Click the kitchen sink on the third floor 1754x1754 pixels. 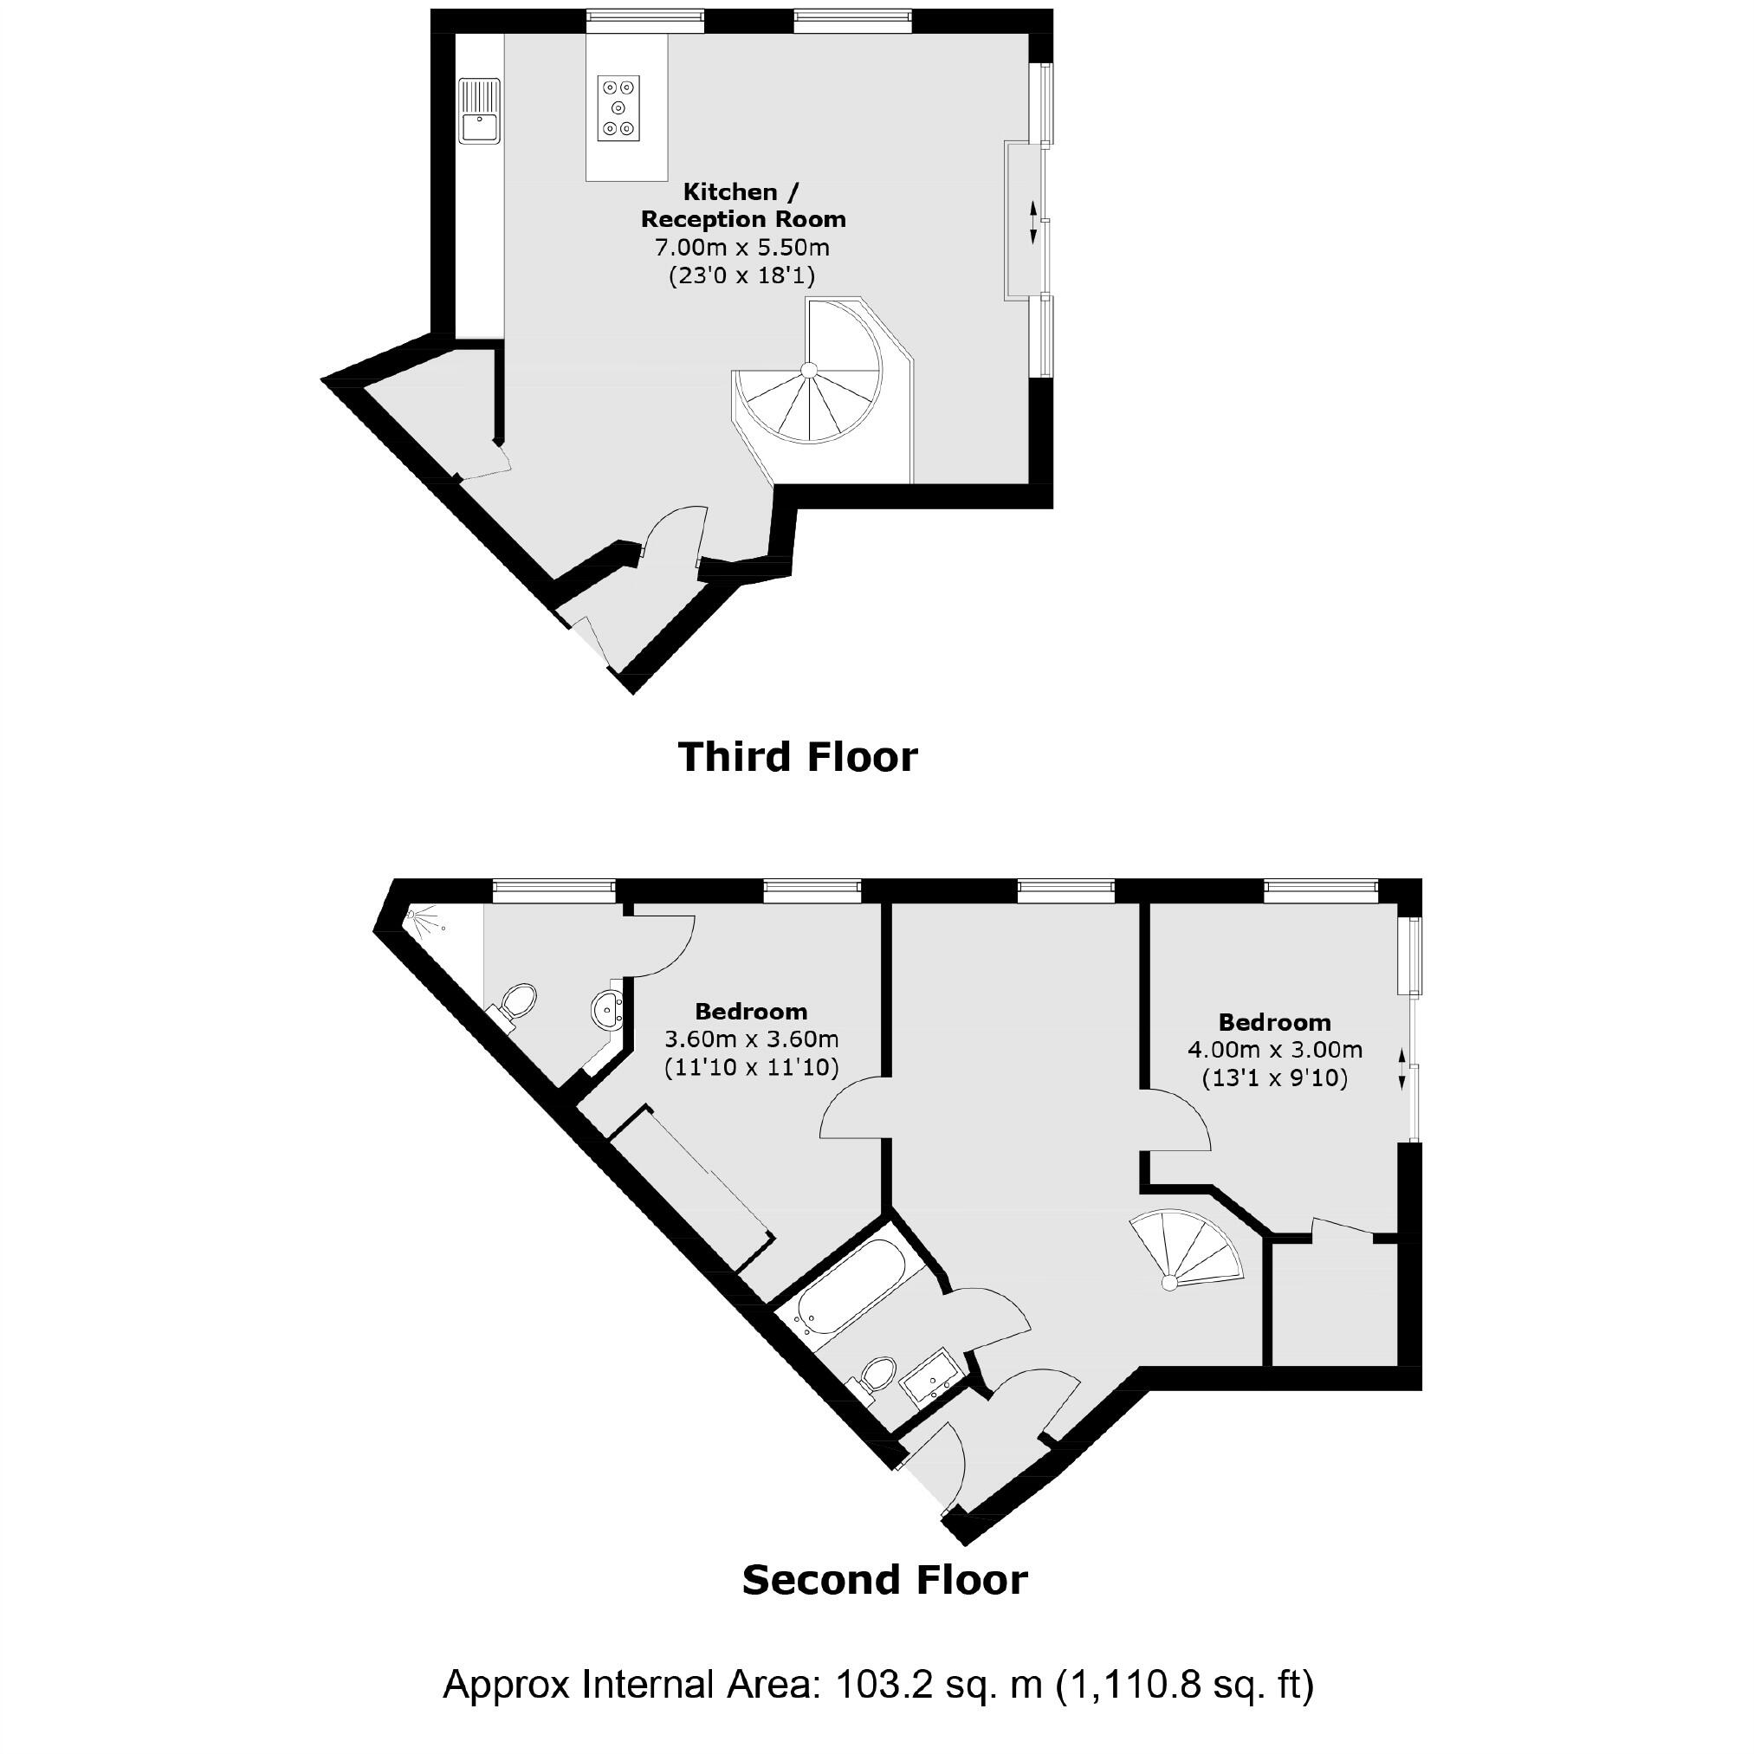[x=479, y=112]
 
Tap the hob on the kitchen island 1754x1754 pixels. [x=618, y=108]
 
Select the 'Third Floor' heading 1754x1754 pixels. [x=797, y=757]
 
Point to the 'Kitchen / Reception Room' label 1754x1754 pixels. [x=742, y=205]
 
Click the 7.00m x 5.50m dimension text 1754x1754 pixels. [x=741, y=247]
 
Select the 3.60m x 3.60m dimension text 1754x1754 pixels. [x=751, y=1039]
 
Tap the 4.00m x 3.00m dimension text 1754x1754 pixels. [x=1274, y=1050]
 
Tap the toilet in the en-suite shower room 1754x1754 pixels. [x=517, y=1004]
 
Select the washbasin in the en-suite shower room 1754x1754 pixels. [x=606, y=1007]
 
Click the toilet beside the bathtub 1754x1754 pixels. [x=876, y=1375]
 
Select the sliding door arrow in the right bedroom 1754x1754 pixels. [x=1401, y=1069]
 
